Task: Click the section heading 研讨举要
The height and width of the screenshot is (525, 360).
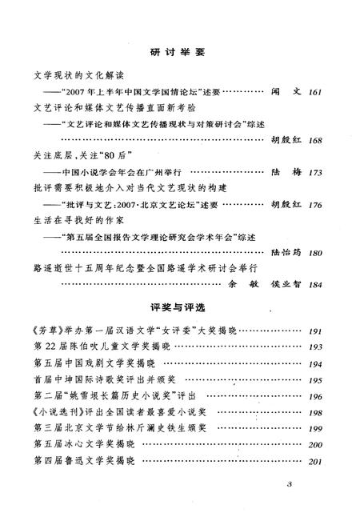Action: click(178, 53)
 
